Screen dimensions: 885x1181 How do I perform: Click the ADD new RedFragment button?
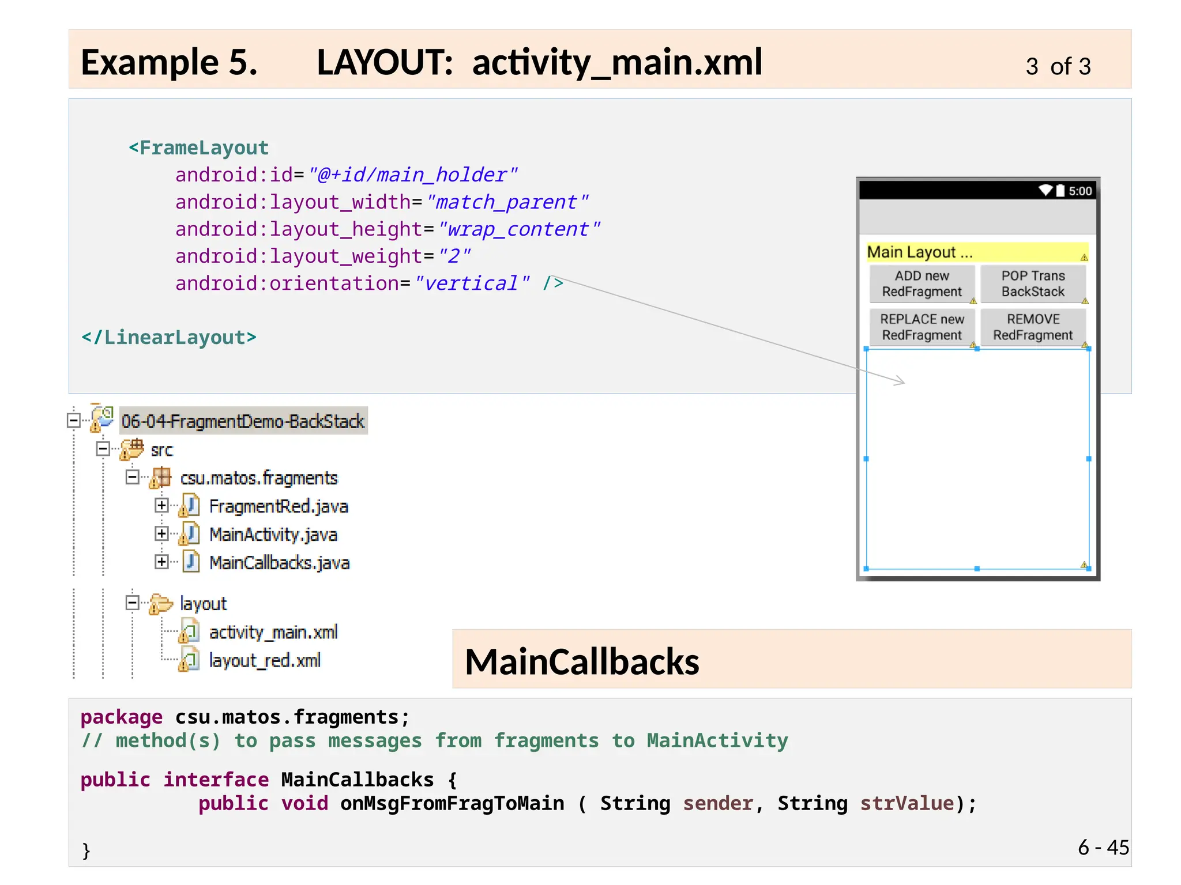922,283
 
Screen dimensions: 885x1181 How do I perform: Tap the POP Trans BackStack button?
1033,283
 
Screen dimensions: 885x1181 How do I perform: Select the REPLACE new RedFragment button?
922,327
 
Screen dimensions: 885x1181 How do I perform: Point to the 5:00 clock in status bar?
1080,191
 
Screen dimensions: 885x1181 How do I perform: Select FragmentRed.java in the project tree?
278,506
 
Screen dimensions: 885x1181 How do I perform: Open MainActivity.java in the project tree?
273,535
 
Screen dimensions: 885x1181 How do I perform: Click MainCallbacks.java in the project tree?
279,563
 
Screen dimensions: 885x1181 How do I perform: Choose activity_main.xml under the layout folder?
273,633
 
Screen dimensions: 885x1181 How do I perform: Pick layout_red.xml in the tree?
265,661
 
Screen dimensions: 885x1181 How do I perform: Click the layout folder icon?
161,604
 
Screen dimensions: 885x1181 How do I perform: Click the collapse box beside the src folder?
103,449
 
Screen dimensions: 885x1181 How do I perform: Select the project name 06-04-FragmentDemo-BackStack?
243,421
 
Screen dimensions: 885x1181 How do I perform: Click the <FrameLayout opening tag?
198,148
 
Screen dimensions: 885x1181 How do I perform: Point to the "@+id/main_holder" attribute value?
413,175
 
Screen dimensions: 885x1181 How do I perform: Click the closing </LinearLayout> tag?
169,337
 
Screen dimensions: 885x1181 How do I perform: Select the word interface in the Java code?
216,780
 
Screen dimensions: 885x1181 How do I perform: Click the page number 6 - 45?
1103,847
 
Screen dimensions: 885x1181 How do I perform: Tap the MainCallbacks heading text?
582,661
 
